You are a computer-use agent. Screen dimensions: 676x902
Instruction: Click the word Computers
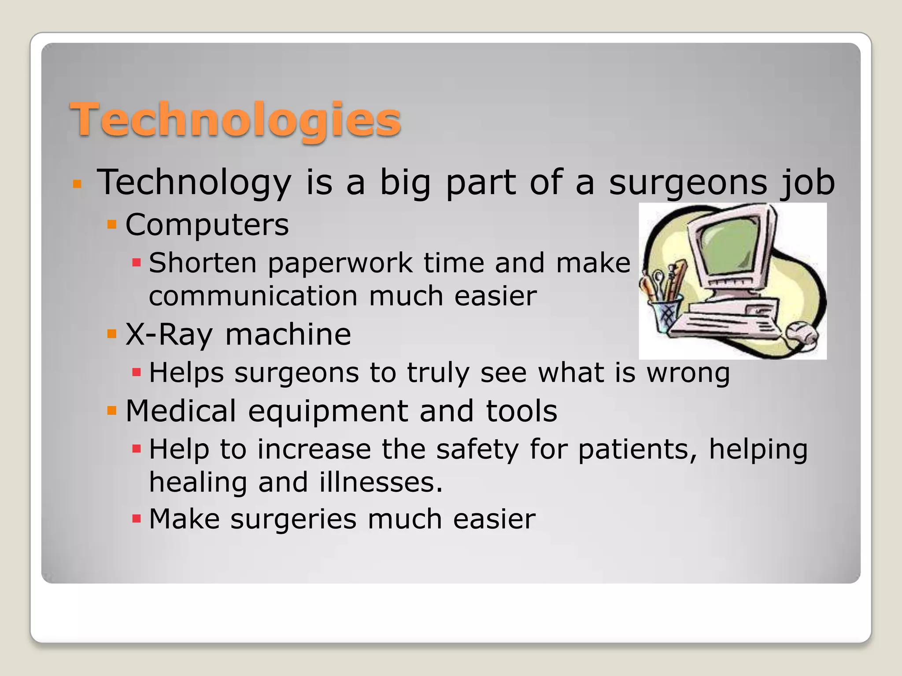207,225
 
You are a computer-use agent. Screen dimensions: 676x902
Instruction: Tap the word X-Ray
169,335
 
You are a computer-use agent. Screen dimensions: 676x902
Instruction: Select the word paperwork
340,264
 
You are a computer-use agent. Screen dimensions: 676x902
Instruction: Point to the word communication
253,296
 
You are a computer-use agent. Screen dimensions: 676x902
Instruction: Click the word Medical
181,411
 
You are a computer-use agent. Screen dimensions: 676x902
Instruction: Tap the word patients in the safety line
637,450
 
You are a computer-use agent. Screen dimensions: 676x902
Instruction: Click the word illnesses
381,482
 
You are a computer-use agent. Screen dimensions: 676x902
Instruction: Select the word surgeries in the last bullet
293,519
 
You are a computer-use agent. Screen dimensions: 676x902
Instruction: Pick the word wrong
688,373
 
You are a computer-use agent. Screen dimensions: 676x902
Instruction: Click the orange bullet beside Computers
112,225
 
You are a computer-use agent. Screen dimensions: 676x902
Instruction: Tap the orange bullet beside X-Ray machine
112,334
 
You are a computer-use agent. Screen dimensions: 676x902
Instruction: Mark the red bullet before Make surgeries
137,519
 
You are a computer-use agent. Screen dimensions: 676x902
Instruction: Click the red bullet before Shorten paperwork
137,263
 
